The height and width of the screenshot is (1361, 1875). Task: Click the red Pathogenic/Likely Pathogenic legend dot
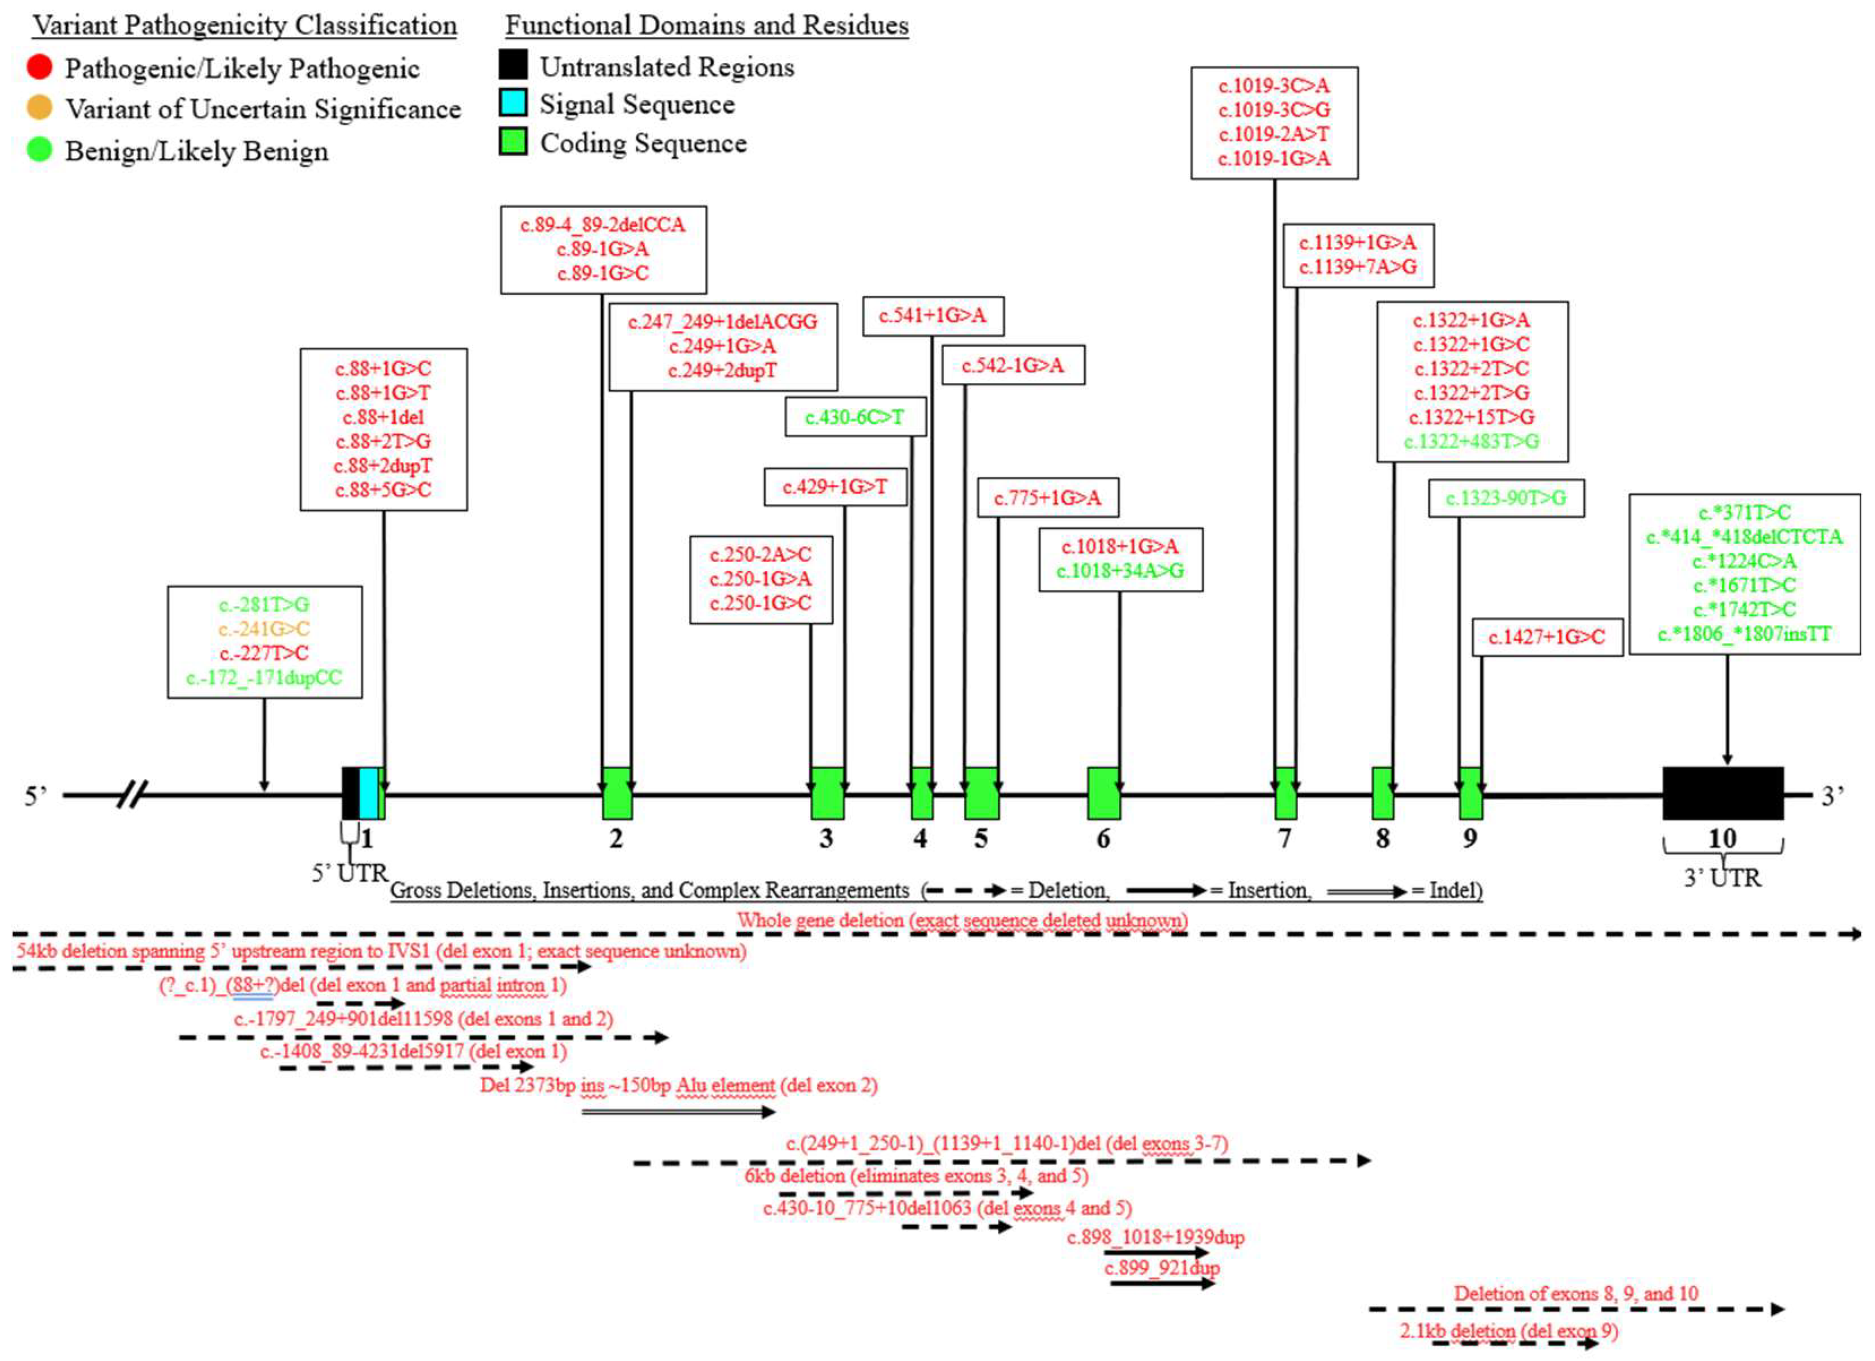[39, 66]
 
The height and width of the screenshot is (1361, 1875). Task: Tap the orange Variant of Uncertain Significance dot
[39, 107]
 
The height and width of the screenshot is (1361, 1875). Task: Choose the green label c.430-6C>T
[855, 417]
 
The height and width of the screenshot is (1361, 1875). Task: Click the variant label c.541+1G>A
[933, 316]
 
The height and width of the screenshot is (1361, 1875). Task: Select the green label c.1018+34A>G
[1120, 571]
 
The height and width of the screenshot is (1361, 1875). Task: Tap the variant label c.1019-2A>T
[1274, 134]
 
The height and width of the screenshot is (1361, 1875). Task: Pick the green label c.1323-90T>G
[1506, 498]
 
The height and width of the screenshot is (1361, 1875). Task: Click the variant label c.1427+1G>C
[1547, 638]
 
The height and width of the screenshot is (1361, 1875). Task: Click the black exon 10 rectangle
[1723, 793]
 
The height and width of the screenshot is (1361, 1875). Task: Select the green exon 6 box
[1103, 793]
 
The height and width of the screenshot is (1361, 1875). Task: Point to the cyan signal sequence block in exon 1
[368, 793]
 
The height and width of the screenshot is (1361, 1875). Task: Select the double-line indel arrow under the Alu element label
[678, 1112]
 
